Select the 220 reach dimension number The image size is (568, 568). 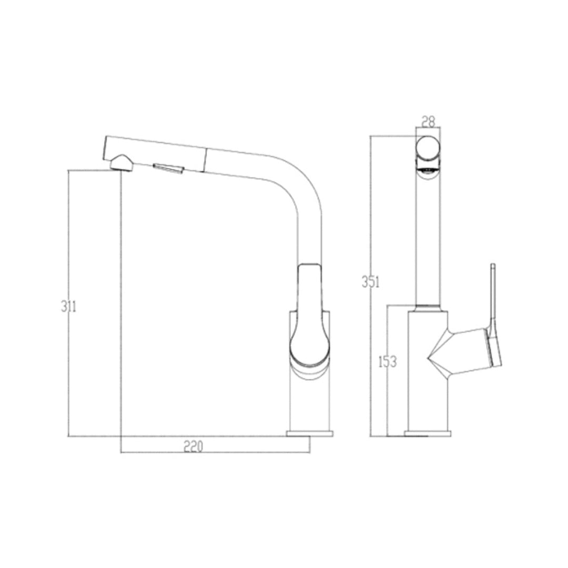pyautogui.click(x=193, y=447)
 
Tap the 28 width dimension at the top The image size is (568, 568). pyautogui.click(x=429, y=121)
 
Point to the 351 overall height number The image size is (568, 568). pyautogui.click(x=370, y=282)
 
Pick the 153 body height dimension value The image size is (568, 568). pyautogui.click(x=387, y=362)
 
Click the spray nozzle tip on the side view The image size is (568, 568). pyautogui.click(x=121, y=163)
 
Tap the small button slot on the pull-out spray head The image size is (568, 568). pyautogui.click(x=168, y=168)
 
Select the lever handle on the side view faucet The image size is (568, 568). pyautogui.click(x=310, y=316)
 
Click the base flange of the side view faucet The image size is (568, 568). pyautogui.click(x=310, y=434)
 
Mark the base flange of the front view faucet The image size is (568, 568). pyautogui.click(x=428, y=434)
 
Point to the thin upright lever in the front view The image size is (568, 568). pyautogui.click(x=493, y=295)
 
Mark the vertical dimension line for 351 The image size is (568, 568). pyautogui.click(x=370, y=210)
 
